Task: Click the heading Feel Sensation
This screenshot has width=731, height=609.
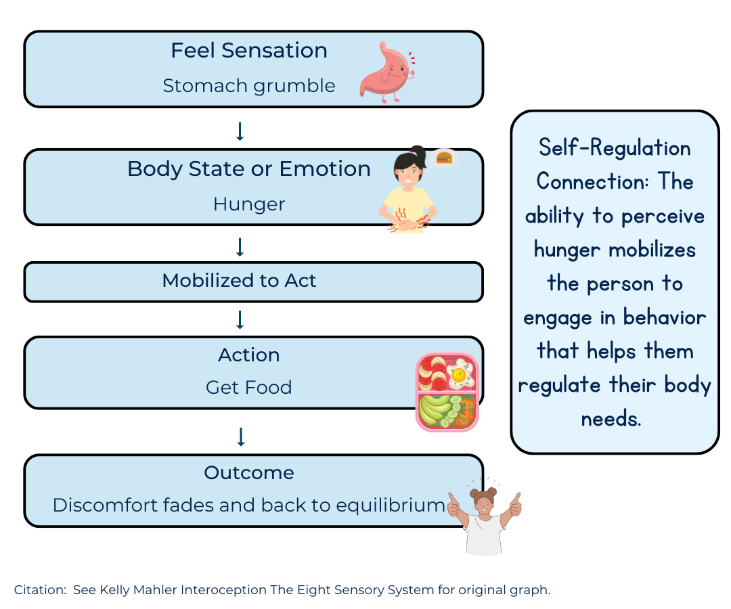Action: coord(248,51)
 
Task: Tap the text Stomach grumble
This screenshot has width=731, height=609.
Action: coord(248,86)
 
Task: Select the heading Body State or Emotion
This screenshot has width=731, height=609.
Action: coord(248,168)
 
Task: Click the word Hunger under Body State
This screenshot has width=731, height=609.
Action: coord(248,204)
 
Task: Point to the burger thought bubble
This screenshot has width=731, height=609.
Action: coord(444,158)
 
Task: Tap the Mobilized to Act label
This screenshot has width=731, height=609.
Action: coord(239,281)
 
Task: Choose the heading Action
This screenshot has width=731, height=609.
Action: coord(248,355)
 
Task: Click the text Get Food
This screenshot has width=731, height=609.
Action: coord(248,388)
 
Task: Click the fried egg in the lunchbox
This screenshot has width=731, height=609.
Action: coord(460,374)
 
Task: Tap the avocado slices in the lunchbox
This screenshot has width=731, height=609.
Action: coord(433,408)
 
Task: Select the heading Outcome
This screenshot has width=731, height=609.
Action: coord(248,472)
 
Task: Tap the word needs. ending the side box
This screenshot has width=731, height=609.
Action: coord(611,419)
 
